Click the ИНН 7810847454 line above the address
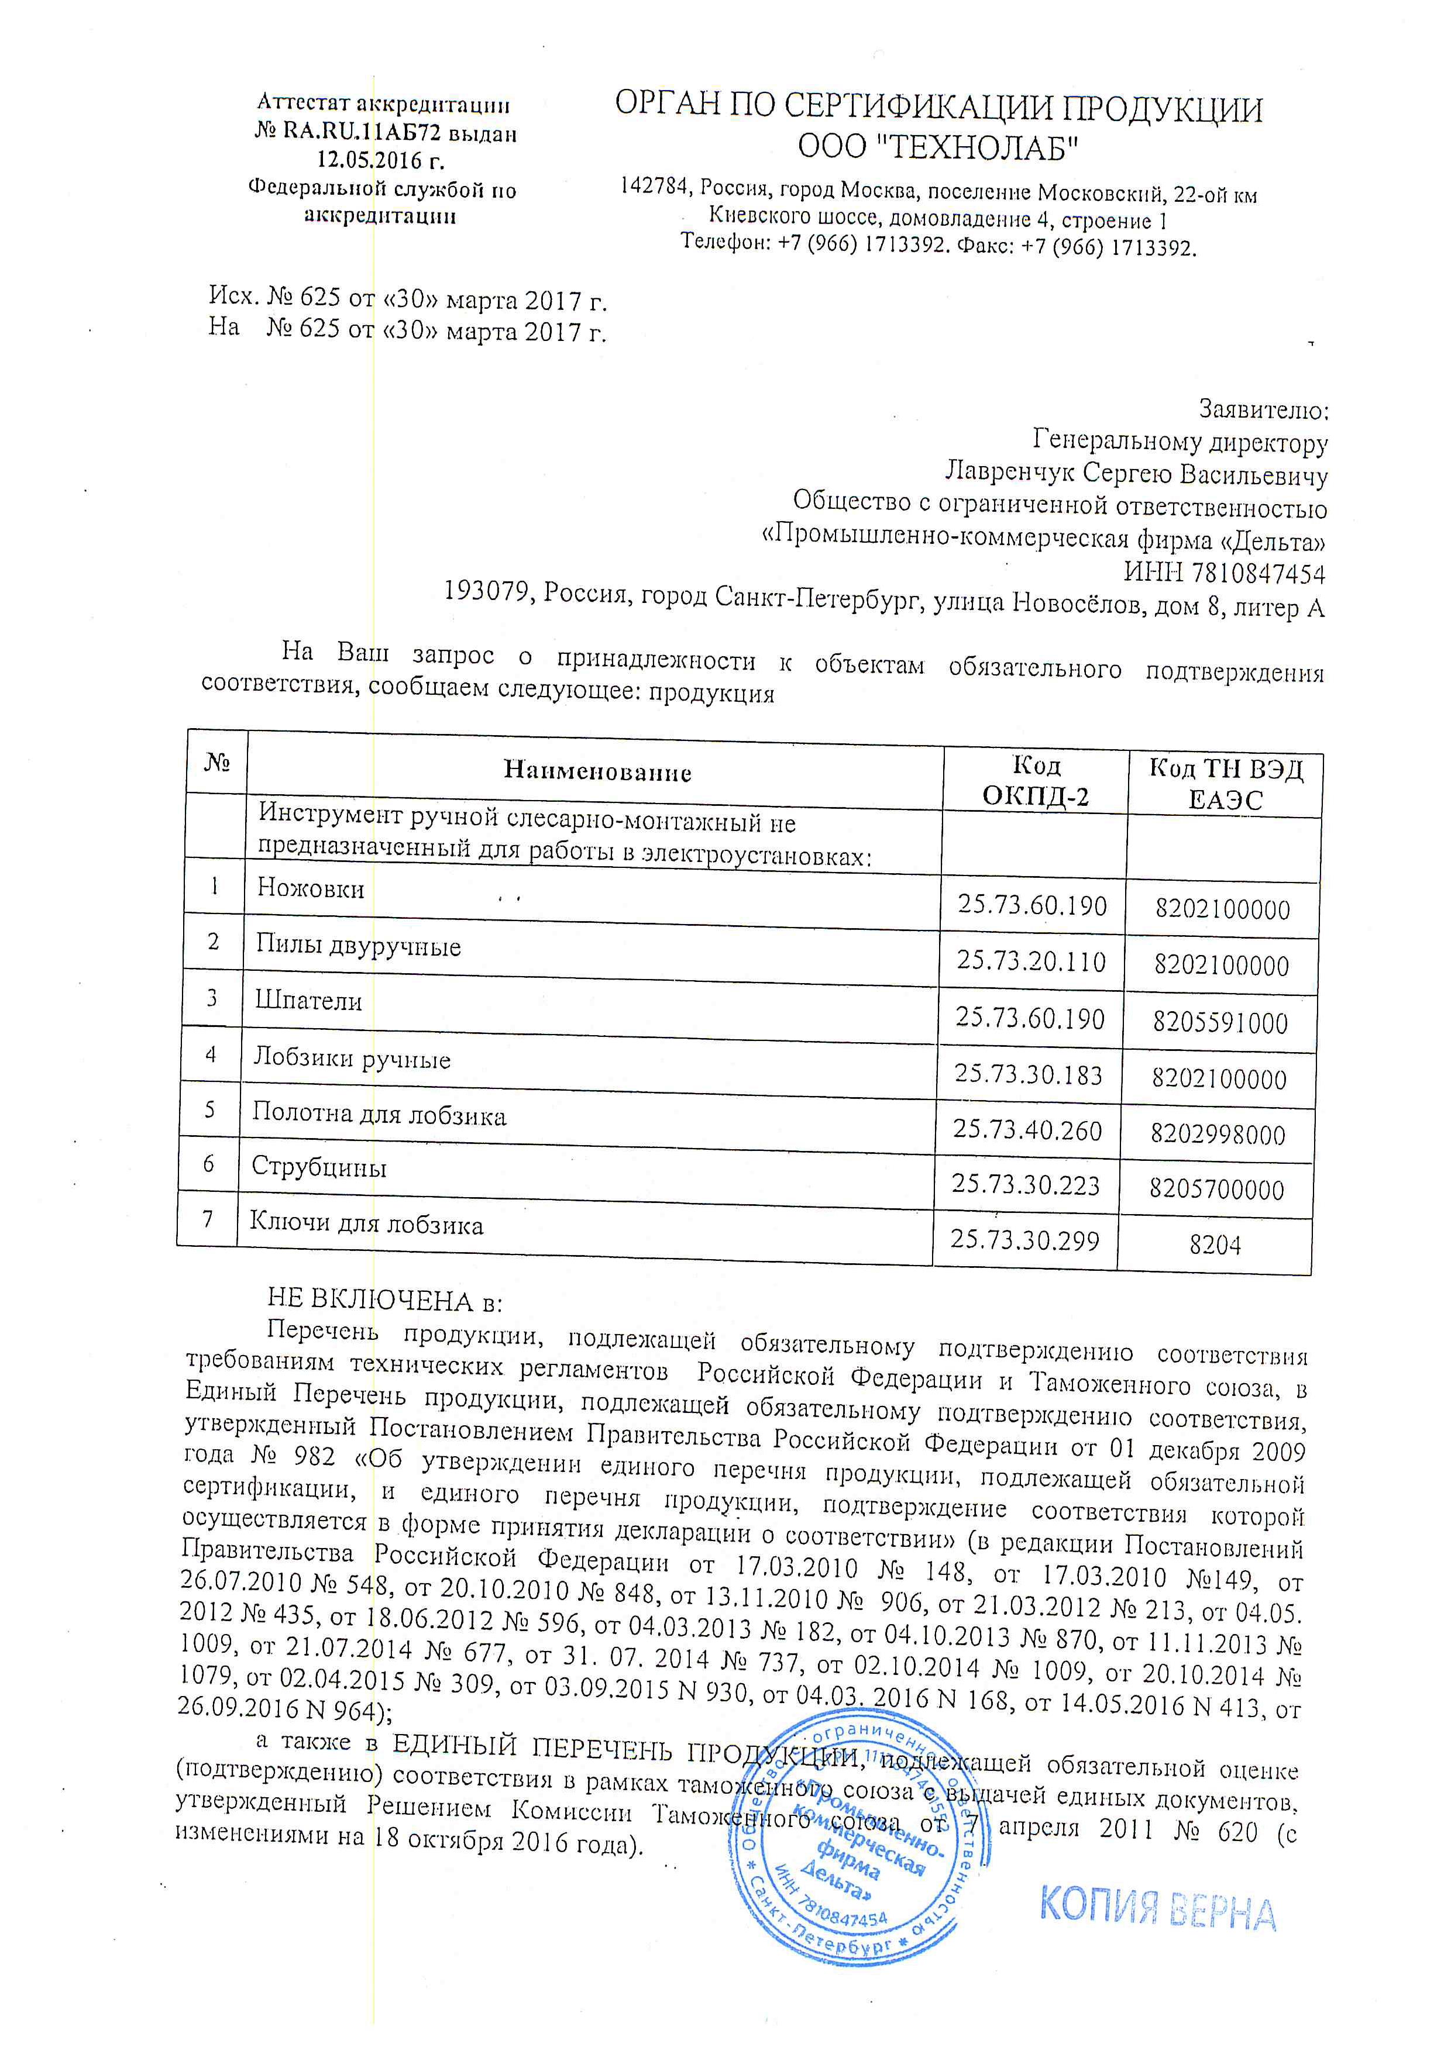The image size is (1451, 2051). [x=1223, y=573]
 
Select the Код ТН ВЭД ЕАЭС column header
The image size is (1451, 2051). [x=1225, y=784]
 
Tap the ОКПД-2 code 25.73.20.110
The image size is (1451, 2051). [x=1031, y=961]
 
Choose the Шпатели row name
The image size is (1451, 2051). [x=308, y=1001]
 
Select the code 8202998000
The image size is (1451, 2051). [x=1217, y=1135]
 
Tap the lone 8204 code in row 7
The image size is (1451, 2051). [x=1214, y=1245]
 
